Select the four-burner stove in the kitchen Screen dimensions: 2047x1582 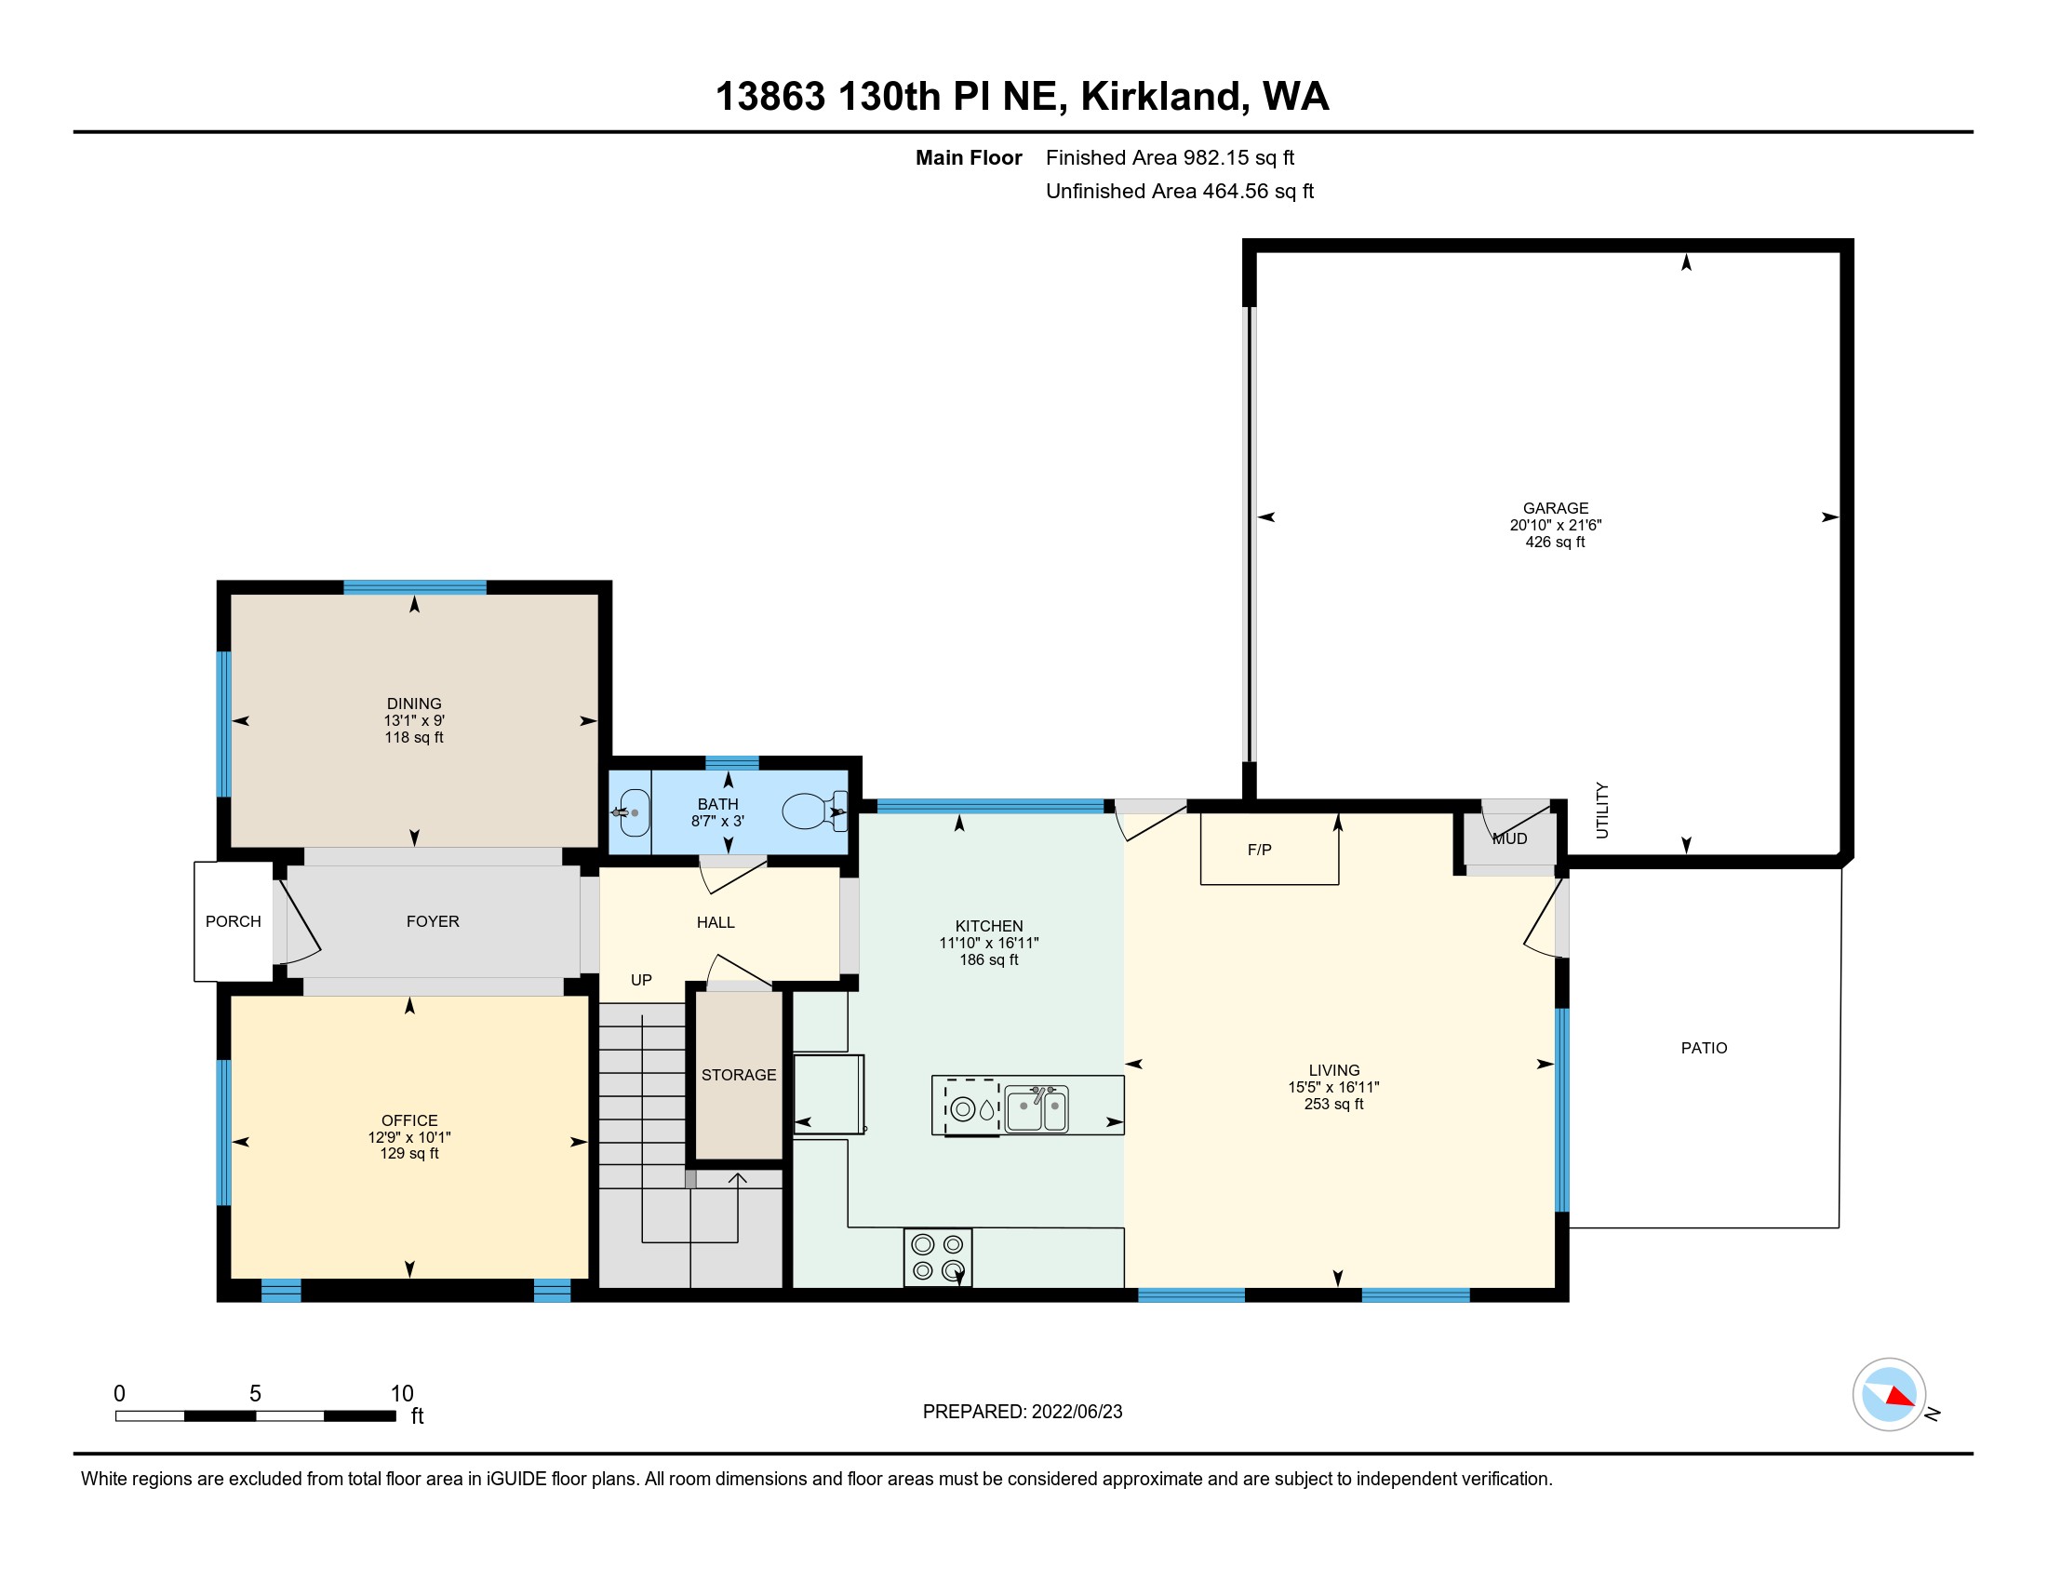pyautogui.click(x=937, y=1257)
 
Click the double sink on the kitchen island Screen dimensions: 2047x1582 pyautogui.click(x=1036, y=1107)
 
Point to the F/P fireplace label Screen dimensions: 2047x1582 pyautogui.click(x=1259, y=850)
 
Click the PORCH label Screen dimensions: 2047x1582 pyautogui.click(x=234, y=921)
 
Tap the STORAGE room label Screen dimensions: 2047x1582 pyautogui.click(x=739, y=1075)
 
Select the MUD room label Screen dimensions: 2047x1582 pyautogui.click(x=1510, y=838)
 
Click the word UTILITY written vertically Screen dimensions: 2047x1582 pyautogui.click(x=1602, y=811)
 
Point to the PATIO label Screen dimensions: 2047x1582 pyautogui.click(x=1704, y=1048)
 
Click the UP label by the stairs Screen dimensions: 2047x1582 pyautogui.click(x=641, y=980)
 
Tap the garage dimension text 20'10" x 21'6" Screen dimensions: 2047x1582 pyautogui.click(x=1556, y=525)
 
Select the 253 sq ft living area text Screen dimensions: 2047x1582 pyautogui.click(x=1333, y=1104)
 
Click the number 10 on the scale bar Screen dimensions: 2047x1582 pyautogui.click(x=402, y=1394)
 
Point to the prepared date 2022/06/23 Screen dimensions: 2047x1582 pyautogui.click(x=1077, y=1412)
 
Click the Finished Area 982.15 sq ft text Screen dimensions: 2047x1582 pyautogui.click(x=1170, y=157)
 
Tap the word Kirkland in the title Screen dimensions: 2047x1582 pyautogui.click(x=1165, y=98)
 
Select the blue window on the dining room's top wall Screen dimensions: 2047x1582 pyautogui.click(x=414, y=587)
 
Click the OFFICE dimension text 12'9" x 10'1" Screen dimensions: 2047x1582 pyautogui.click(x=409, y=1137)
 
